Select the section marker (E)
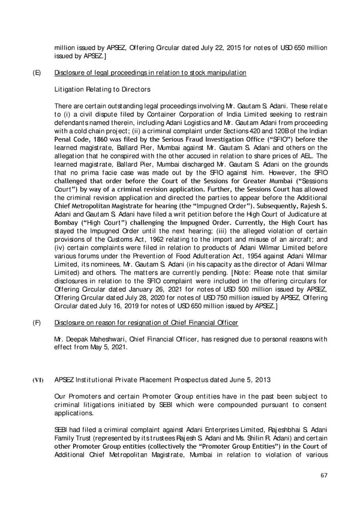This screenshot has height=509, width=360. [x=36, y=73]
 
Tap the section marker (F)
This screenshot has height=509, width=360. [x=36, y=323]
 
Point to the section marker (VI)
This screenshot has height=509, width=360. [x=37, y=379]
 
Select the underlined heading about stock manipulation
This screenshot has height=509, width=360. [x=150, y=73]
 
